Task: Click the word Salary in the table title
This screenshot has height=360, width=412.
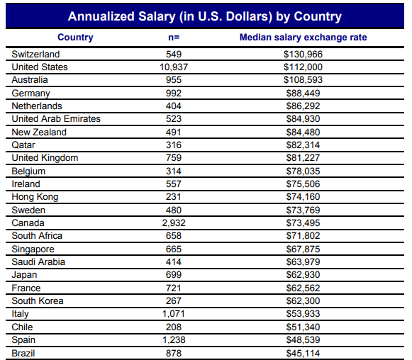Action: click(157, 16)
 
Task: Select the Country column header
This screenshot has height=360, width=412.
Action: click(75, 38)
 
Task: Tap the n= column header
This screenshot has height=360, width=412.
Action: click(174, 38)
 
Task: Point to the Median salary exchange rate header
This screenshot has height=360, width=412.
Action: click(303, 38)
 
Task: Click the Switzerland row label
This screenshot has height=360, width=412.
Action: click(35, 54)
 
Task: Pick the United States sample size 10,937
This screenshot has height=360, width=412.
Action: click(174, 67)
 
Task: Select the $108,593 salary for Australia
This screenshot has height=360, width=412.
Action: click(303, 80)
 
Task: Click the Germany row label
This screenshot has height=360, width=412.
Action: click(30, 94)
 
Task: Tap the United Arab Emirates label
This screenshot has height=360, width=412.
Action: click(56, 118)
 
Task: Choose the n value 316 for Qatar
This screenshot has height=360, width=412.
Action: click(174, 145)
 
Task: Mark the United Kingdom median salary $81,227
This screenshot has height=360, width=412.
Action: click(303, 158)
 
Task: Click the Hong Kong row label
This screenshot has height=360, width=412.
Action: click(35, 197)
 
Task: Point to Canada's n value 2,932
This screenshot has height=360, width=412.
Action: click(174, 223)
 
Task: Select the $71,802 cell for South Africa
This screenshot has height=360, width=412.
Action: click(303, 235)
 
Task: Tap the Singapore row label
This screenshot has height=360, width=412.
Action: click(33, 249)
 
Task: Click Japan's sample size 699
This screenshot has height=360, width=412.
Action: click(174, 275)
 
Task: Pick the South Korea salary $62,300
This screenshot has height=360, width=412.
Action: click(303, 300)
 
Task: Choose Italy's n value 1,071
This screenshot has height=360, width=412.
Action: click(174, 313)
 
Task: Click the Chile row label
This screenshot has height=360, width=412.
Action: click(22, 327)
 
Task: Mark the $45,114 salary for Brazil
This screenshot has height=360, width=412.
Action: click(303, 354)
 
